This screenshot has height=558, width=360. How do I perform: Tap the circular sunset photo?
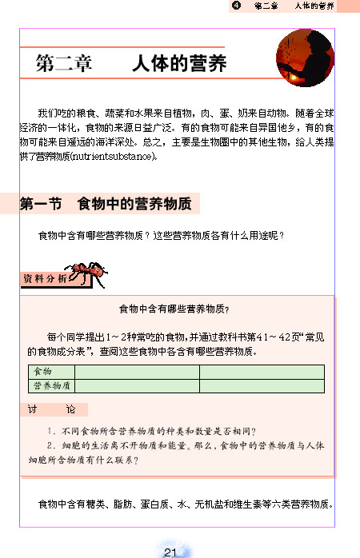point(304,59)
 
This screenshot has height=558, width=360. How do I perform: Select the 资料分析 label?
point(40,279)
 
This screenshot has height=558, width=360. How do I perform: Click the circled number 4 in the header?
point(235,6)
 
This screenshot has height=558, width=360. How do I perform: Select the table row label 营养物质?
point(50,385)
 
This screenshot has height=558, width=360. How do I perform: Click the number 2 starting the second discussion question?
point(50,446)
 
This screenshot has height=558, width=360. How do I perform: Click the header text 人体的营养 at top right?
point(314,6)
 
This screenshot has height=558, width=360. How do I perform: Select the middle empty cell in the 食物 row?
point(137,372)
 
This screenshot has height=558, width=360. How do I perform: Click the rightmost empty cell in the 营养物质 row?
point(262,385)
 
